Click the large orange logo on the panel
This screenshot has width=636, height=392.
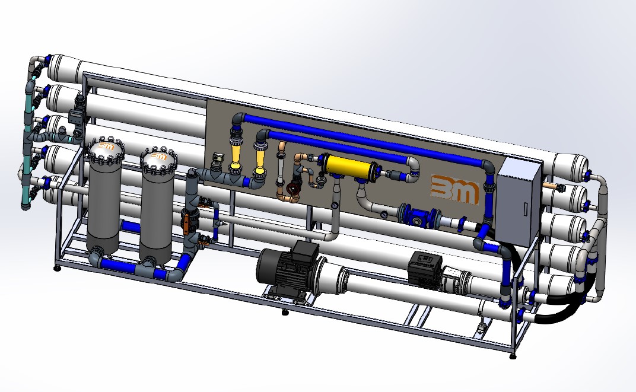point(454,189)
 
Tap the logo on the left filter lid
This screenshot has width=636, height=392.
point(106,145)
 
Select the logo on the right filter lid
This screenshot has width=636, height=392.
point(158,155)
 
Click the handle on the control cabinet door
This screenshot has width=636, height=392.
point(526,209)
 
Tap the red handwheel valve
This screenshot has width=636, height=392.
point(292,189)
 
